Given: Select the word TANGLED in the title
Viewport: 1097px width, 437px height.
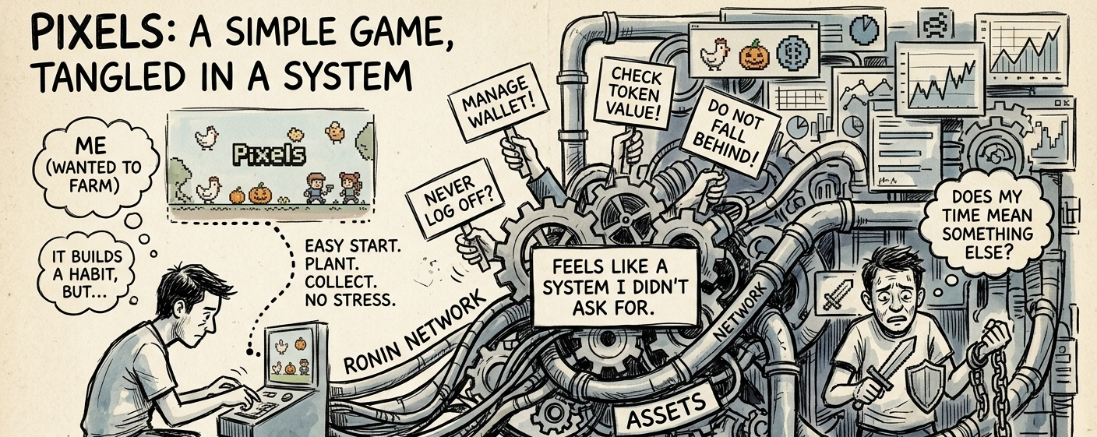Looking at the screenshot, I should coord(117,78).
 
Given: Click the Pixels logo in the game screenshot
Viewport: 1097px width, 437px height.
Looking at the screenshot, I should coord(270,156).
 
